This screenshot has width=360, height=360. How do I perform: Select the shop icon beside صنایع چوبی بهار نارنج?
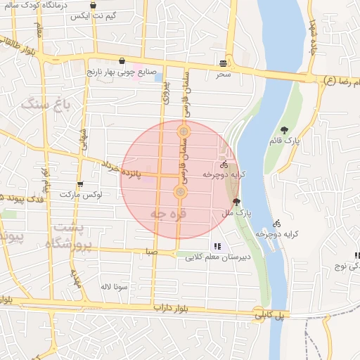(123, 60)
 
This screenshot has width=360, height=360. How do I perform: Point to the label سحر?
(224, 74)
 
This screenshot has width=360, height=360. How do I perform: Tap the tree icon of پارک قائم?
(284, 129)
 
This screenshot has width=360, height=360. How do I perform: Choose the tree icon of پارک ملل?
(236, 201)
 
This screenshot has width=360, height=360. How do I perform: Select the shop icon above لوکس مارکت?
(79, 184)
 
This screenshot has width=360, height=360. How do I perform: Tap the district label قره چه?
(169, 212)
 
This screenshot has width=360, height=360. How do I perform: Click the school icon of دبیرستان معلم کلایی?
(217, 246)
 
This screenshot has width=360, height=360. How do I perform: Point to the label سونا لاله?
(113, 287)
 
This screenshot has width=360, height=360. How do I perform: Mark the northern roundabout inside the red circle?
(184, 131)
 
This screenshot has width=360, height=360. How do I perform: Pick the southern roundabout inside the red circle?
(181, 192)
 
